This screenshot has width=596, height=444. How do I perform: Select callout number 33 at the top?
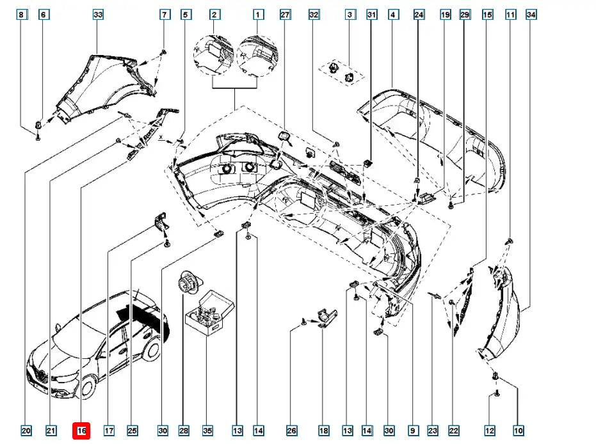tap(98, 14)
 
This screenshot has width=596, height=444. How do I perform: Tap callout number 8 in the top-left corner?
tap(21, 14)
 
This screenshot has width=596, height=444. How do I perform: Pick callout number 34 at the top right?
tap(530, 14)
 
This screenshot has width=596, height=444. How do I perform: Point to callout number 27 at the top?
tap(285, 14)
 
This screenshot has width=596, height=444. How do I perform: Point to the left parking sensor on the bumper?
tap(227, 168)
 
